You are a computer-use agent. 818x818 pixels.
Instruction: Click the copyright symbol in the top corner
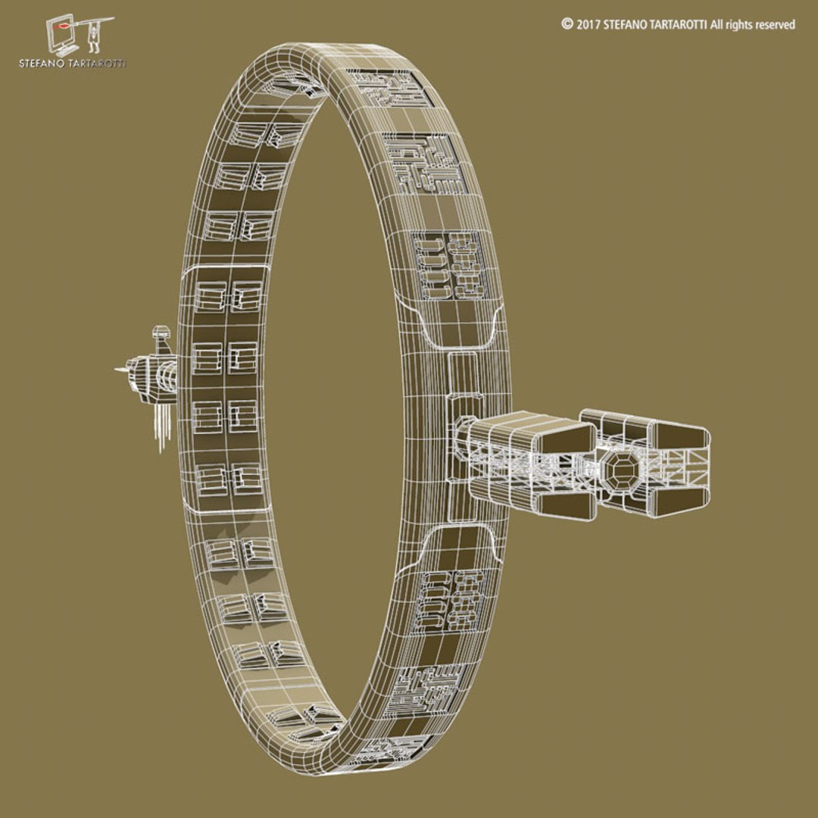point(567,24)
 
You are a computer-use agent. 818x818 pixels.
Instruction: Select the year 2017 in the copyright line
point(589,24)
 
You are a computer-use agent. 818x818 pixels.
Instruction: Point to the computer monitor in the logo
point(61,32)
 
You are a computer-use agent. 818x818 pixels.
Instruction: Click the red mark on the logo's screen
point(61,30)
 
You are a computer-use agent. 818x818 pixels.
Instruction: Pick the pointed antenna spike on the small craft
point(120,370)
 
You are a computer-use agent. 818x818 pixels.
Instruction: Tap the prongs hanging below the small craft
point(160,428)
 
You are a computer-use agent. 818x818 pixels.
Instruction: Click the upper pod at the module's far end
point(679,434)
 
